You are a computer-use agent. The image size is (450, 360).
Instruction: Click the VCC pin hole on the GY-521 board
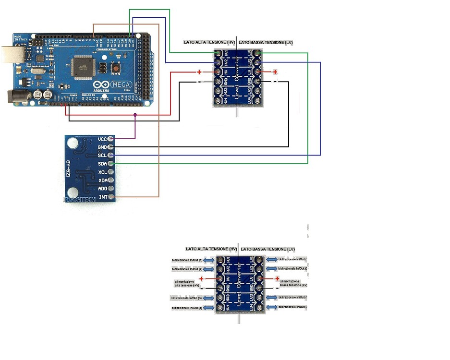point(111,139)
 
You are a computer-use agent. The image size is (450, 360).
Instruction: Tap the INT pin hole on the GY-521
point(111,197)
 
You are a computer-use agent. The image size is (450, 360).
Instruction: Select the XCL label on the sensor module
point(102,172)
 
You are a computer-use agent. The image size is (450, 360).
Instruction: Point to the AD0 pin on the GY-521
point(111,189)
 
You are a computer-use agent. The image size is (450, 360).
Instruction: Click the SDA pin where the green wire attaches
point(111,164)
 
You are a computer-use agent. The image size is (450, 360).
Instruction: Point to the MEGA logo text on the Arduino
point(119,84)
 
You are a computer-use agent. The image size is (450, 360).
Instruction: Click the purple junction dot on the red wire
point(135,115)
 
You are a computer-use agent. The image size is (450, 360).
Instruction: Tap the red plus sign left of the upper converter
point(199,72)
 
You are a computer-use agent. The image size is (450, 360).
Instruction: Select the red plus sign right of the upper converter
point(275,72)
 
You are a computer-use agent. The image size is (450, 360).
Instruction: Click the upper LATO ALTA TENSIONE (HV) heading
point(209,43)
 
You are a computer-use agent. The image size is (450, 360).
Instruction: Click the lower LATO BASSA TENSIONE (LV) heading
point(268,249)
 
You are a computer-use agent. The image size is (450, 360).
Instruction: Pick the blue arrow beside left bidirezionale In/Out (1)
point(209,260)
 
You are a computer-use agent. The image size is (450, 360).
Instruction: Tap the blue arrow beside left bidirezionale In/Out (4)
point(209,308)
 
